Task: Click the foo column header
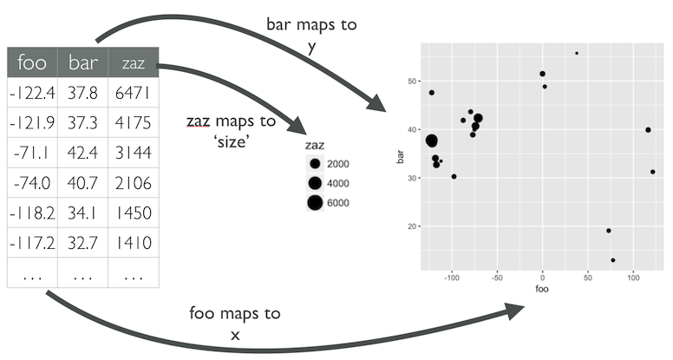coord(31,62)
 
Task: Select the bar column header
coord(82,62)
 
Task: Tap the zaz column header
coord(133,62)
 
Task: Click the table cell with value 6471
coord(133,93)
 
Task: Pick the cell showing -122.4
coord(31,93)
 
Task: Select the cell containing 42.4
coord(82,154)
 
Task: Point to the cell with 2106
coord(133,183)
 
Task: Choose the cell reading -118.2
coord(31,213)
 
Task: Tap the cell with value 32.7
coord(82,243)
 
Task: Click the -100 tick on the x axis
coord(452,279)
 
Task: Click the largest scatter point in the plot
coord(432,141)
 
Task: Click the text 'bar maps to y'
coord(311,36)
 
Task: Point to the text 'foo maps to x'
coord(236,324)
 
